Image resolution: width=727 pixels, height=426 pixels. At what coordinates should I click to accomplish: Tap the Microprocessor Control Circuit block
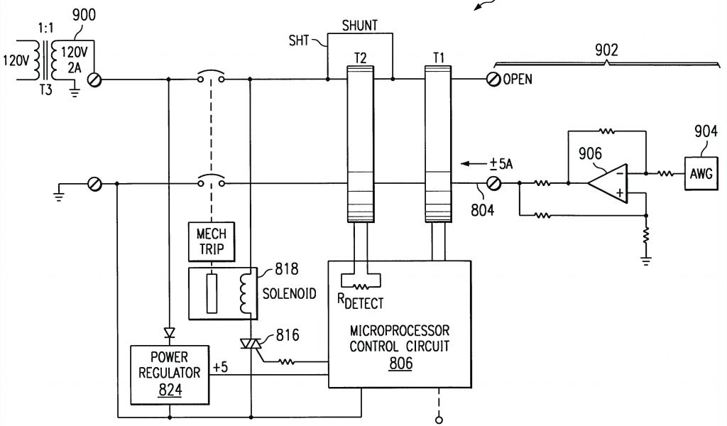coord(400,334)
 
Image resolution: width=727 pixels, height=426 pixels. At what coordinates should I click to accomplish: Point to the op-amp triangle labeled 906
coord(609,182)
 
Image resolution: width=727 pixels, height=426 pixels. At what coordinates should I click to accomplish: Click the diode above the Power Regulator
coord(168,332)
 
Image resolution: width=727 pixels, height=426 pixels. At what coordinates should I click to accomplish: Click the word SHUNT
coord(360,26)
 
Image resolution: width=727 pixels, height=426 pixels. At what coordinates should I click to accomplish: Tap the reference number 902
coord(606,50)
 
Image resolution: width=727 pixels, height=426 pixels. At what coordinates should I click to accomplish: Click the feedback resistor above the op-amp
coord(606,131)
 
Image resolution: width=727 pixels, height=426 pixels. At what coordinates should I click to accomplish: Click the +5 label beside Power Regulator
coord(221,368)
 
